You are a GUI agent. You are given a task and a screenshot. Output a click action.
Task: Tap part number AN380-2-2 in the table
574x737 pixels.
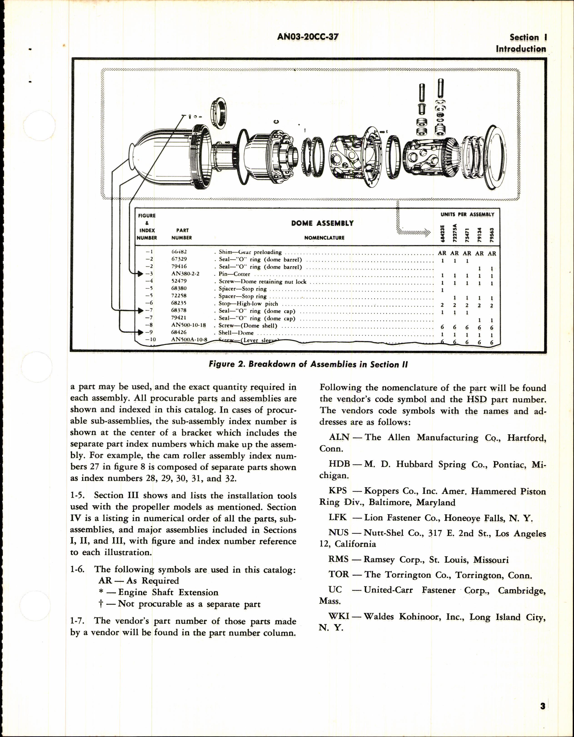[185, 274]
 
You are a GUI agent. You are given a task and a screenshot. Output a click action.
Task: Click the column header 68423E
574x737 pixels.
[442, 233]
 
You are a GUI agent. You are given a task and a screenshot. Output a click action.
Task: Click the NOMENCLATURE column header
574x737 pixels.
[324, 238]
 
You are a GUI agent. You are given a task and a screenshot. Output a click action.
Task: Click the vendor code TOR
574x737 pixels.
[339, 574]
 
